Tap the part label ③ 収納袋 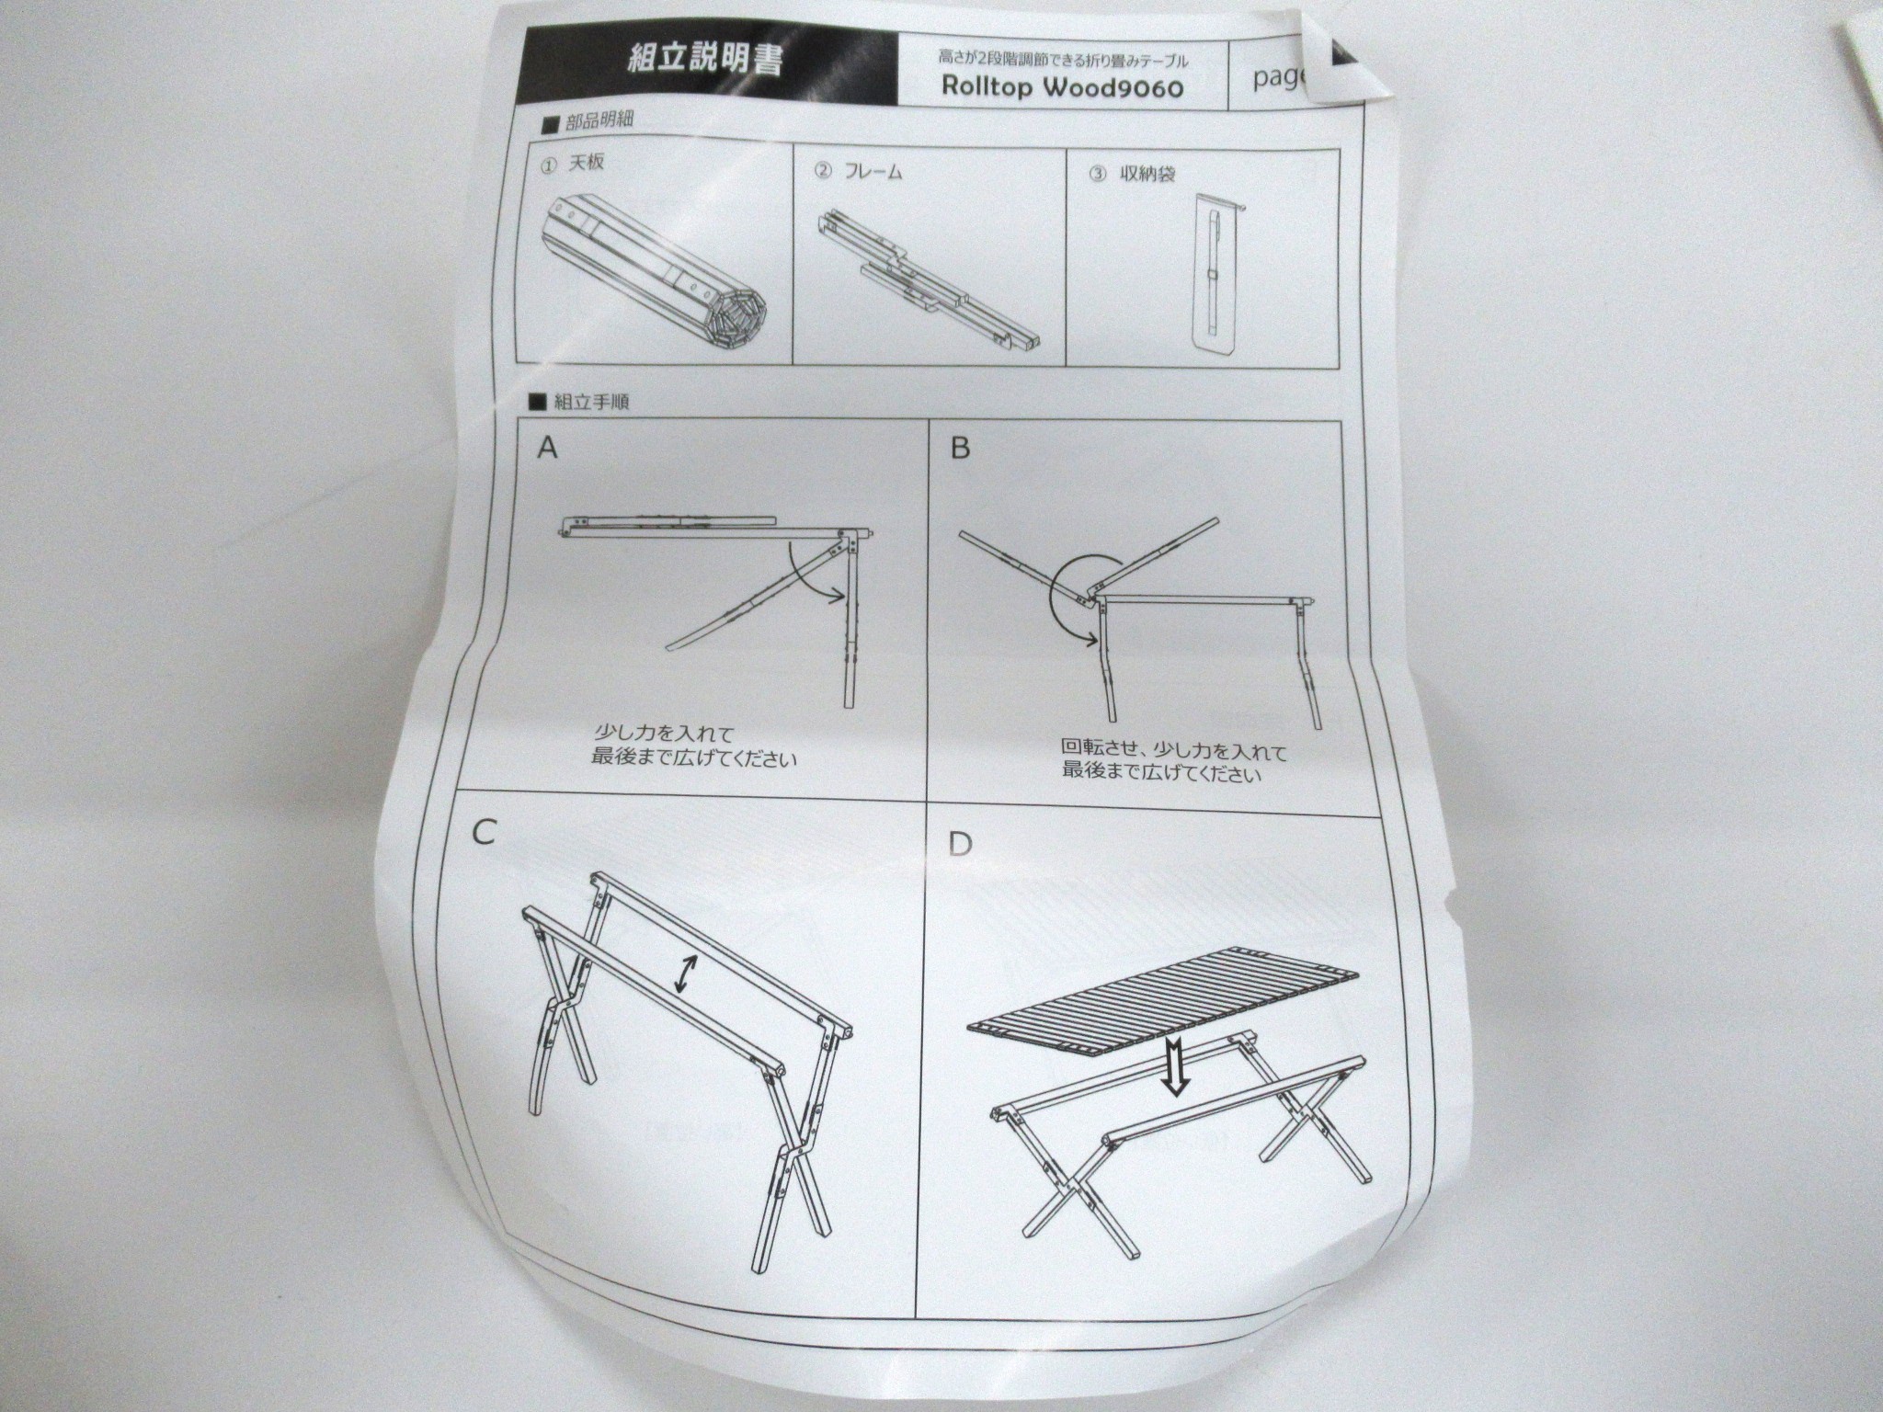[x=1131, y=173]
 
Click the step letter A [x=548, y=448]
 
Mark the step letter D [x=959, y=843]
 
